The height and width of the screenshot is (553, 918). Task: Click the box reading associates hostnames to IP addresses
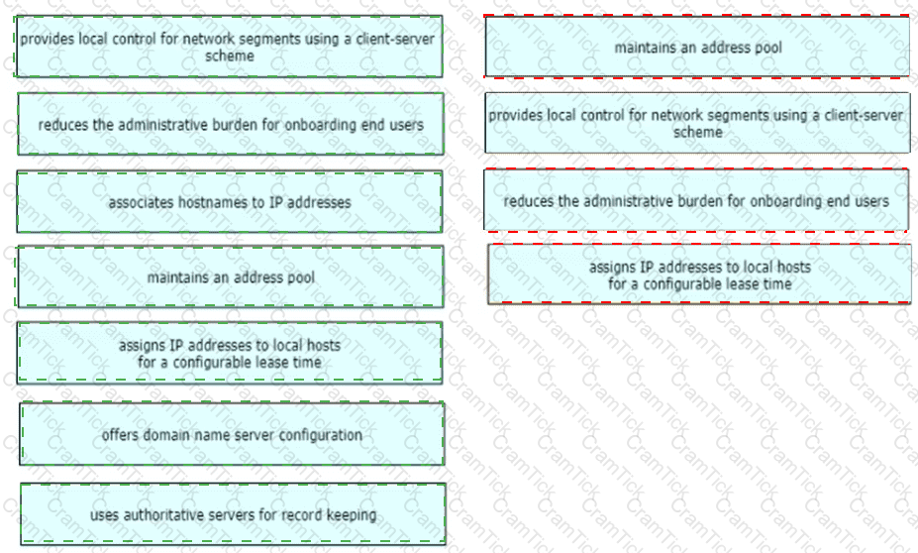pyautogui.click(x=229, y=203)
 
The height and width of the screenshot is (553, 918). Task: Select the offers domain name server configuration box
pyautogui.click(x=232, y=435)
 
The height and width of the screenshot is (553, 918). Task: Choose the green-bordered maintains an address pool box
pyautogui.click(x=230, y=277)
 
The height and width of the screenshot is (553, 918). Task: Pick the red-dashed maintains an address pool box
pyautogui.click(x=697, y=48)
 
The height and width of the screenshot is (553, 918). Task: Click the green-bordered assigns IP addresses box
pyautogui.click(x=229, y=354)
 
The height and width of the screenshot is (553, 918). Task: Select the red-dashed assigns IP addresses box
pyautogui.click(x=699, y=275)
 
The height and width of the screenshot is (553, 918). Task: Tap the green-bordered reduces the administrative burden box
pyautogui.click(x=230, y=125)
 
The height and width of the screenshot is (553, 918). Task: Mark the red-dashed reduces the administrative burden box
pyautogui.click(x=696, y=201)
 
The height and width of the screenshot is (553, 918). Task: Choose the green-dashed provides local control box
pyautogui.click(x=229, y=48)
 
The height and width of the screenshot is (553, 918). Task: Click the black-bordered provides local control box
pyautogui.click(x=697, y=124)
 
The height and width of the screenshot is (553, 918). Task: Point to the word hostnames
pyautogui.click(x=200, y=203)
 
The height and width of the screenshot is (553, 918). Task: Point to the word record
pyautogui.click(x=308, y=515)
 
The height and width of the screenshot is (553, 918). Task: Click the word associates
pyautogui.click(x=137, y=203)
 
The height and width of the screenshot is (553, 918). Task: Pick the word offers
pyautogui.click(x=119, y=435)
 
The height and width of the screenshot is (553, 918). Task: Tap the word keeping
pyautogui.click(x=354, y=515)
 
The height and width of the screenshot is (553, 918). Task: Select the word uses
pyautogui.click(x=103, y=515)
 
